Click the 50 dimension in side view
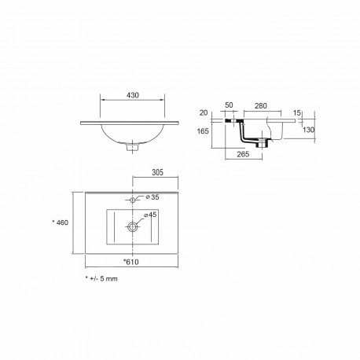point(230,106)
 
